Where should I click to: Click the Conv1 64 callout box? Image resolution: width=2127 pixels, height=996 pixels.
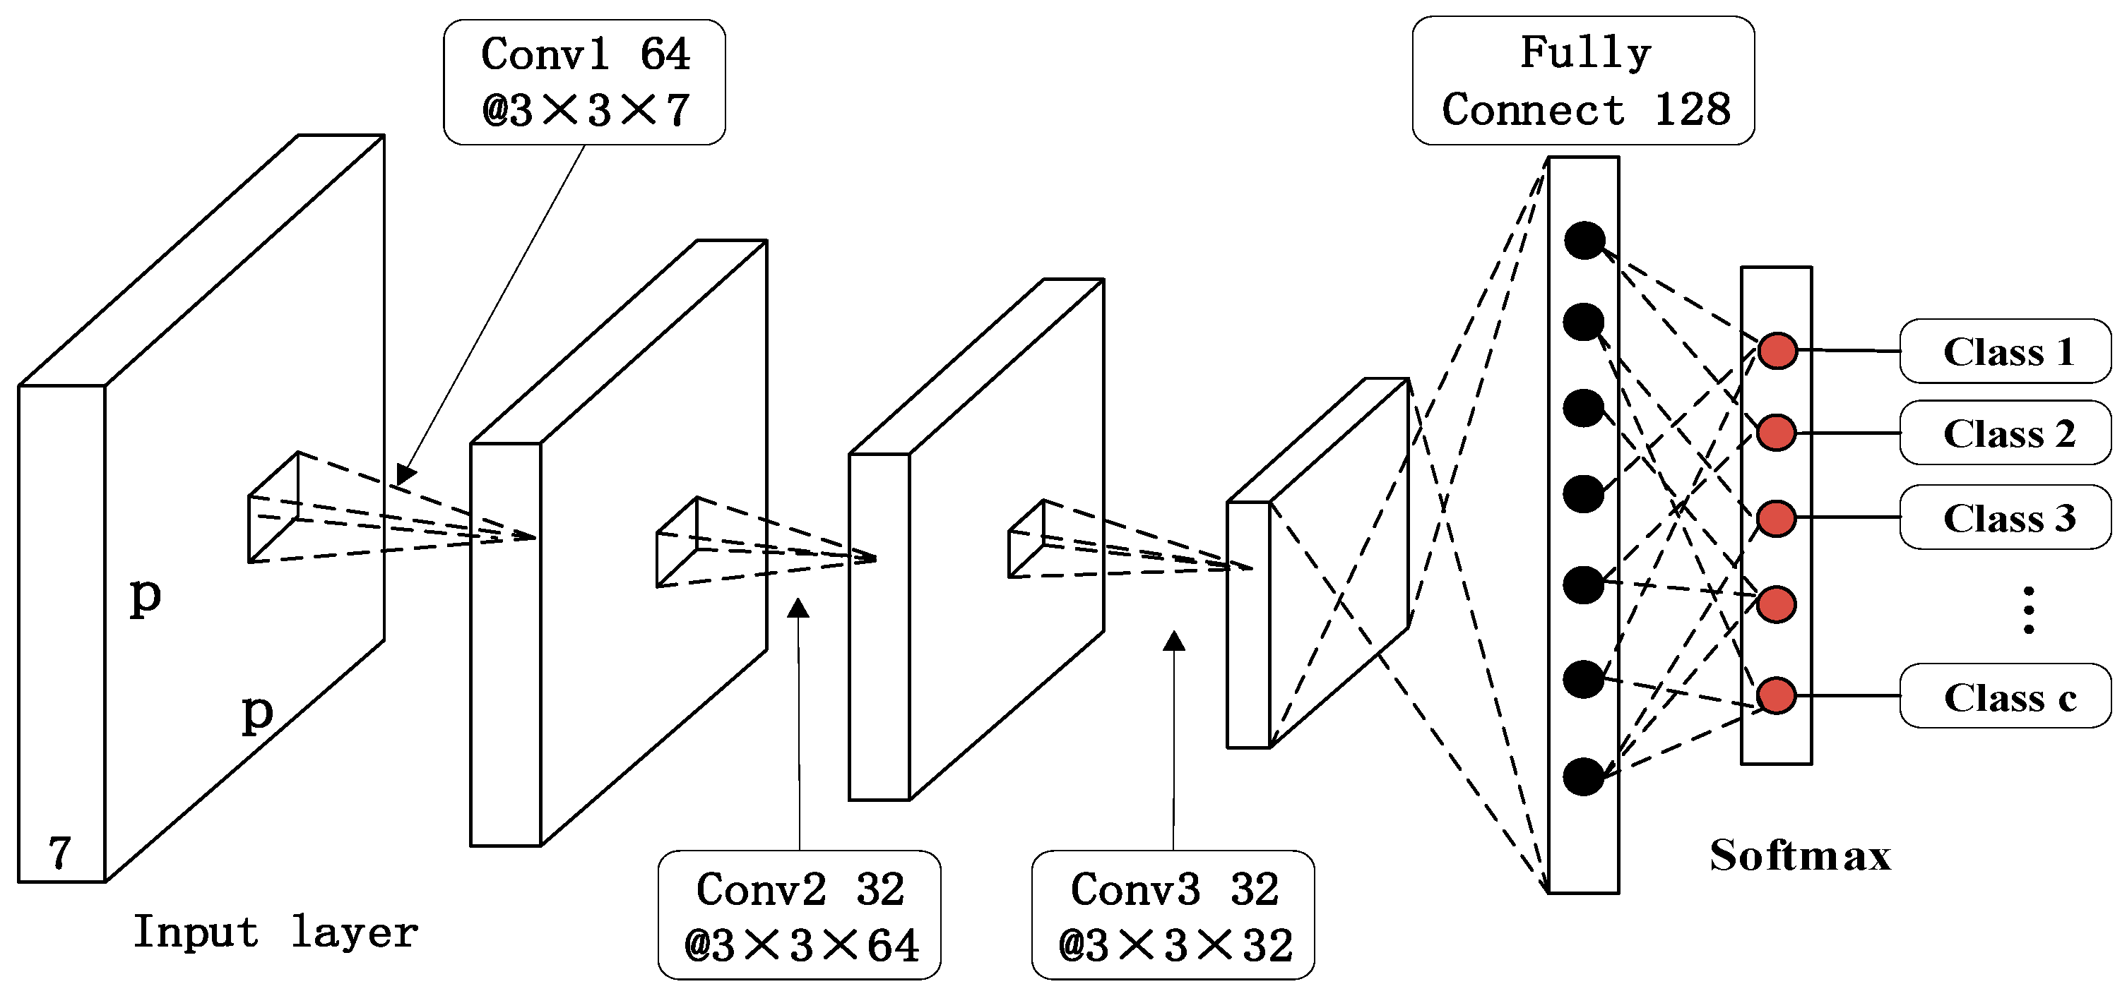[585, 83]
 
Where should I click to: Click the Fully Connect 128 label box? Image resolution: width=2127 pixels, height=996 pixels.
[1583, 81]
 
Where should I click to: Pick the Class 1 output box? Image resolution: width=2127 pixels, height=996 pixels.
[2005, 352]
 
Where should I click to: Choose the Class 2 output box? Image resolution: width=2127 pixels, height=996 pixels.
[2005, 433]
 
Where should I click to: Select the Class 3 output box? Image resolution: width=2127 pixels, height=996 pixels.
[2005, 517]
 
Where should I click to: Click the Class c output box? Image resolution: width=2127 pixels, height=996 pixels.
[2005, 697]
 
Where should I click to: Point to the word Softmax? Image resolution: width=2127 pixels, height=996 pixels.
[1800, 855]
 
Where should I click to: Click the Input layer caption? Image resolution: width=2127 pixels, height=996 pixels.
[275, 932]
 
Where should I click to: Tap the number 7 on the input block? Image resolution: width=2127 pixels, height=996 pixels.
[59, 851]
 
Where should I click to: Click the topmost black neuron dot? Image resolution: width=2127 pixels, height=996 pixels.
[1584, 241]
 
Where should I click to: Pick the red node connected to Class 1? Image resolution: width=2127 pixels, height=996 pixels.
[1777, 351]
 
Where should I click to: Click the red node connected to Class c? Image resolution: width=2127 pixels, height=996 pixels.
[1777, 695]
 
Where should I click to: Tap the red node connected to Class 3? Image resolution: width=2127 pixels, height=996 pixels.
[1777, 518]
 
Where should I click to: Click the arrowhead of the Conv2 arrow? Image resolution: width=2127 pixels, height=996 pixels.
[798, 609]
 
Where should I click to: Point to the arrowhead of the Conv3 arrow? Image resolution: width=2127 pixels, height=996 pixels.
[1174, 641]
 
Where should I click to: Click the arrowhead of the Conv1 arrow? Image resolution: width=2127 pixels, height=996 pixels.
[405, 475]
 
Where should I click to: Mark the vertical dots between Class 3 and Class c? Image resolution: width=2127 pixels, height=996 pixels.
[2029, 611]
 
